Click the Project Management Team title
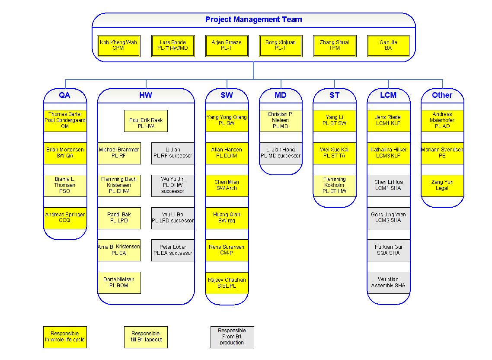[x=253, y=19]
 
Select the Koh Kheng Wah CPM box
[x=118, y=45]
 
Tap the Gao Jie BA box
[x=388, y=45]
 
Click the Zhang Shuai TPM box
[x=334, y=45]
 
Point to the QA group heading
[x=65, y=95]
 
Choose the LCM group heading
[x=388, y=95]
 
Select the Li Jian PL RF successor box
[x=173, y=153]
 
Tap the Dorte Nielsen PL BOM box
[x=119, y=283]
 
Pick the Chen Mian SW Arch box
[x=227, y=186]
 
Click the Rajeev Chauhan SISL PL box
[x=227, y=283]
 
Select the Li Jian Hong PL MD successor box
[x=281, y=153]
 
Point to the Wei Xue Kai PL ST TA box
[x=334, y=153]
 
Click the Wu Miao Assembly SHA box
[x=388, y=283]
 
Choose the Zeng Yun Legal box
[x=442, y=186]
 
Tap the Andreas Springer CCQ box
[x=65, y=218]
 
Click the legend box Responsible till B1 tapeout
[x=146, y=337]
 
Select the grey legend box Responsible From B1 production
[x=232, y=337]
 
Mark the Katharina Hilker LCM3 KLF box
[x=388, y=153]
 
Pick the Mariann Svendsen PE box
[x=442, y=153]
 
